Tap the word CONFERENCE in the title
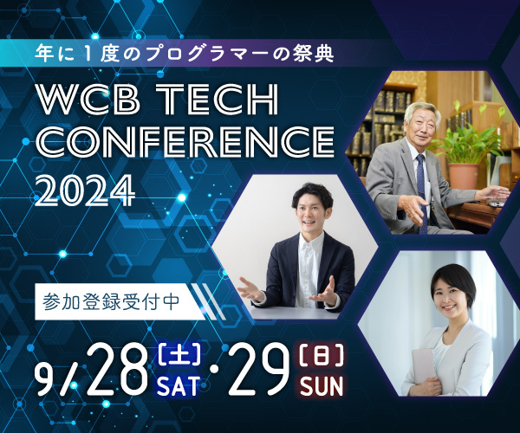coord(185,141)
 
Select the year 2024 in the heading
coord(85,190)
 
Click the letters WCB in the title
coord(88,100)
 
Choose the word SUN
coord(322,386)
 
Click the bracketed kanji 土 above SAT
coord(179,355)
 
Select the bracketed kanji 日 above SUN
coord(322,355)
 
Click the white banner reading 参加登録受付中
coord(120,302)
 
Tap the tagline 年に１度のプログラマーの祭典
coord(185,54)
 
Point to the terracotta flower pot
coord(464,176)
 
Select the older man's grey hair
coord(422,112)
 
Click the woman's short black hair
coord(454,284)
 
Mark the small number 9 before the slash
coord(45,378)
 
